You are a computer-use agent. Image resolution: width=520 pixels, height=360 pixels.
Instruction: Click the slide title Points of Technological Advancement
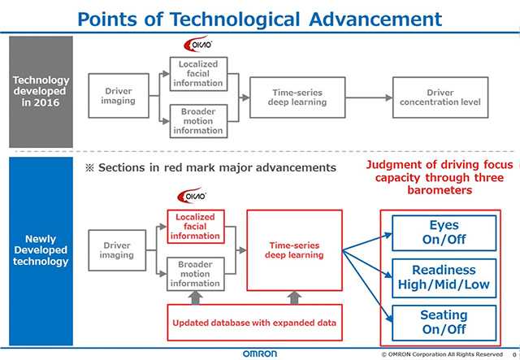(260, 17)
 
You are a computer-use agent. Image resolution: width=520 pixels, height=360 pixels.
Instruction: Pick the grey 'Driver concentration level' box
(440, 97)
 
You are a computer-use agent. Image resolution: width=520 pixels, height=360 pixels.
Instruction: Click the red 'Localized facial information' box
(194, 226)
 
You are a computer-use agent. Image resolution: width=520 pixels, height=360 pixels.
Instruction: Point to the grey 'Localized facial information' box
(198, 72)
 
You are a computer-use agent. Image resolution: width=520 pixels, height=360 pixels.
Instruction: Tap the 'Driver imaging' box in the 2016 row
(119, 97)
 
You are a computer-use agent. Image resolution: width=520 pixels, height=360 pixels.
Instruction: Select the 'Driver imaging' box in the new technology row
(117, 249)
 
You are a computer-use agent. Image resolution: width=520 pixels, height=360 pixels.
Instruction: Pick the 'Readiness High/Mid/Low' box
(443, 277)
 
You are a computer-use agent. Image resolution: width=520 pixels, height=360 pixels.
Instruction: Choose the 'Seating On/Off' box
(443, 322)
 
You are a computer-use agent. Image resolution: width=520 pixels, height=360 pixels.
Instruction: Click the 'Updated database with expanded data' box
(254, 323)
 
